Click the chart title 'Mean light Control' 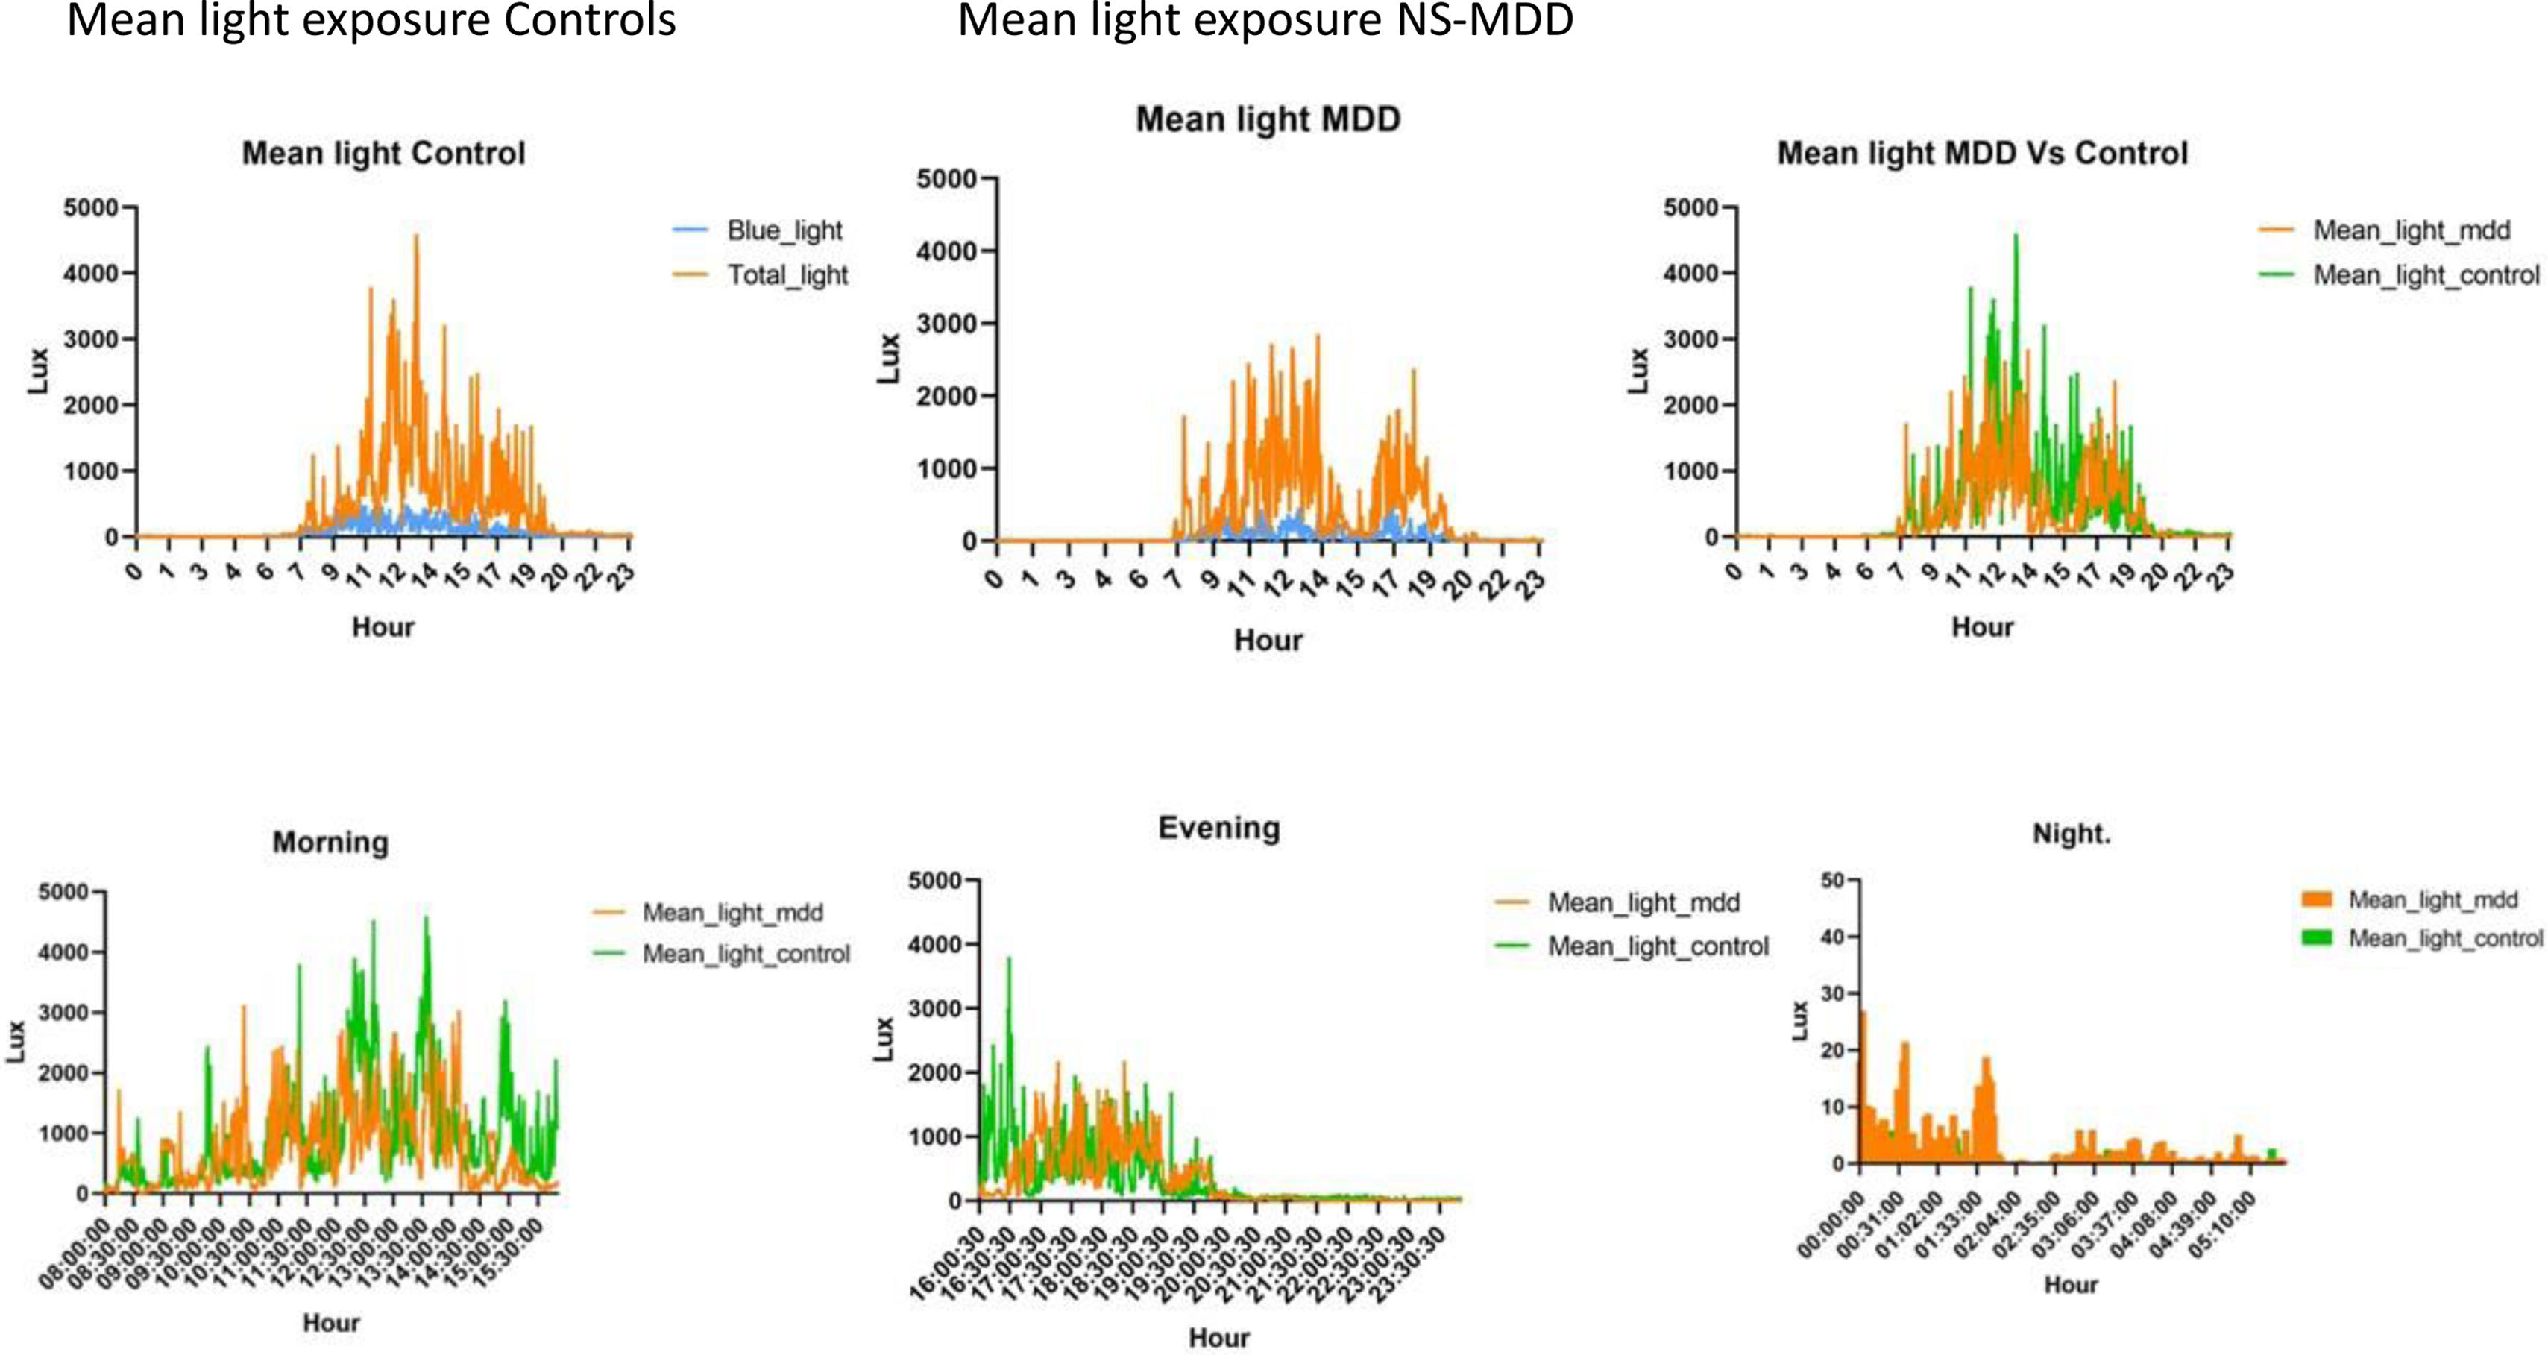384,154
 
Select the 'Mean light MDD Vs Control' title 1982,154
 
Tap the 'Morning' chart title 330,843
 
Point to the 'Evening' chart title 1218,828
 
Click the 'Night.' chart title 2072,834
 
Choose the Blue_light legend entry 784,230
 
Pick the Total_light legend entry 787,275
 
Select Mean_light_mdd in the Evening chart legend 1643,902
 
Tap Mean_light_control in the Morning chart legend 746,954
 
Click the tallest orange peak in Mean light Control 416,236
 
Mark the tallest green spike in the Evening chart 1009,958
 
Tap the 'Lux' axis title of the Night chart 1799,1021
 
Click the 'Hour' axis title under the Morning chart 330,1322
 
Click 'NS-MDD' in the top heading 1484,20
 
